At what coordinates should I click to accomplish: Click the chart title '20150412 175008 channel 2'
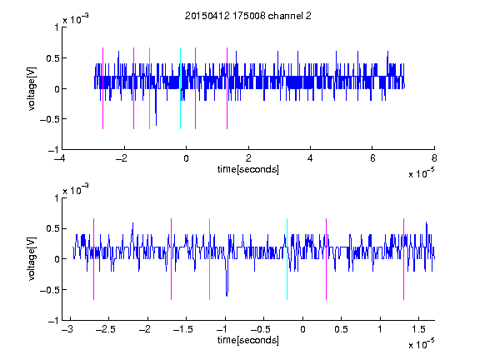(248, 16)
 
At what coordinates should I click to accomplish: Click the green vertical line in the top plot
(149, 88)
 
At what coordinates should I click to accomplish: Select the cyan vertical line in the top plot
(180, 88)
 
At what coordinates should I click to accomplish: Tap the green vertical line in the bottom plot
(209, 259)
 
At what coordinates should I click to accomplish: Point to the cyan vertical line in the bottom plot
(287, 259)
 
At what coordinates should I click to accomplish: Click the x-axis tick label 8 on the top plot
(434, 158)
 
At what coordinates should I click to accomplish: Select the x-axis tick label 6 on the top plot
(372, 158)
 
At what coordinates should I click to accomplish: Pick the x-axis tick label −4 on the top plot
(60, 158)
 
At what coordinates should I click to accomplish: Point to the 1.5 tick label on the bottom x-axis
(418, 329)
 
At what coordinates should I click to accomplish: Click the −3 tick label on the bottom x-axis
(67, 329)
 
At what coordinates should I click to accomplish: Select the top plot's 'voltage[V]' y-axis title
(32, 88)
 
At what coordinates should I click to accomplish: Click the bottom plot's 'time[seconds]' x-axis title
(248, 340)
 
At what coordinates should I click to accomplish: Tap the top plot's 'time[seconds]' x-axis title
(248, 169)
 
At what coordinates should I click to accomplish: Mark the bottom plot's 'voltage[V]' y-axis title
(32, 259)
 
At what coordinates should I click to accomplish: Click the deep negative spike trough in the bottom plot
(227, 295)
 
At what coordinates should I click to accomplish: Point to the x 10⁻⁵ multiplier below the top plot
(422, 173)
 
